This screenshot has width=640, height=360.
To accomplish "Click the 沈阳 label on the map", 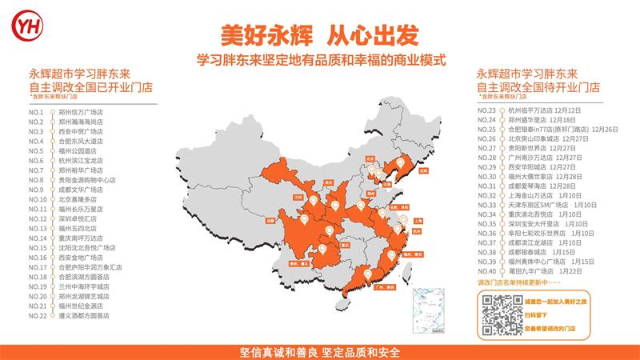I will click(x=423, y=170).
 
